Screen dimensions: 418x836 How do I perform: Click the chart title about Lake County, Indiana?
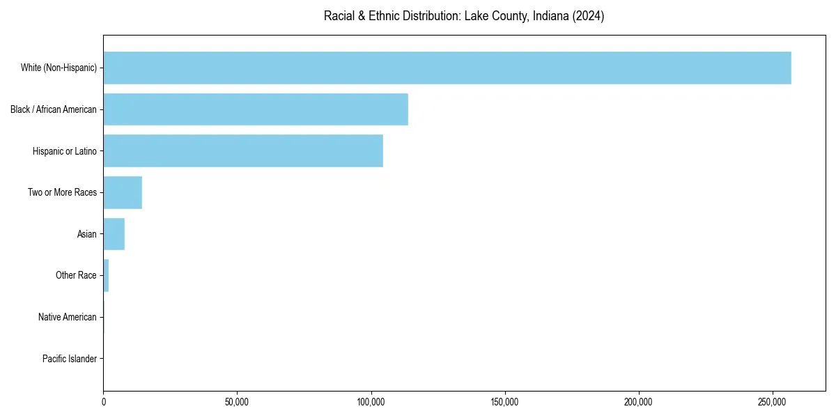coord(463,16)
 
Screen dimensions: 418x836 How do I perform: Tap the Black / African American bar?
coord(256,109)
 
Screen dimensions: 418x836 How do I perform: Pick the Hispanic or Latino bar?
coord(243,150)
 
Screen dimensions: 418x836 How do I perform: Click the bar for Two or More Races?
coord(123,192)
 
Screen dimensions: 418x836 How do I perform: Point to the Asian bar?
coord(114,234)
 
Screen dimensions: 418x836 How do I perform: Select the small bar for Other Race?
coord(106,275)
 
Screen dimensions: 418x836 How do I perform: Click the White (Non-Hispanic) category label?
coord(59,68)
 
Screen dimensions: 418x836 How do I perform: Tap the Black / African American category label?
coord(54,109)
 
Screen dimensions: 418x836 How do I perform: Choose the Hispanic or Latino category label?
coord(64,151)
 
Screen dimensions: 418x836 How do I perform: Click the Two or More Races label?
coord(62,192)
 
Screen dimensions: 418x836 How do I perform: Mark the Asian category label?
coord(86,234)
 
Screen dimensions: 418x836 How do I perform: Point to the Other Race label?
coord(76,276)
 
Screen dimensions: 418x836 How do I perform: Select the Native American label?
coord(67,317)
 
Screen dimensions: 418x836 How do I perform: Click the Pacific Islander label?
coord(69,359)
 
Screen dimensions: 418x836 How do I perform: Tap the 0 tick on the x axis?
coord(104,402)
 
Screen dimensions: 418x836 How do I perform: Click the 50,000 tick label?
coord(237,402)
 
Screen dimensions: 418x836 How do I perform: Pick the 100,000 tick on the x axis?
coord(371,402)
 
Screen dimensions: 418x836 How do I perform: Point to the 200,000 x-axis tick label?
coord(638,402)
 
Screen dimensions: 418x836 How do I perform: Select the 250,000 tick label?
coord(772,402)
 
